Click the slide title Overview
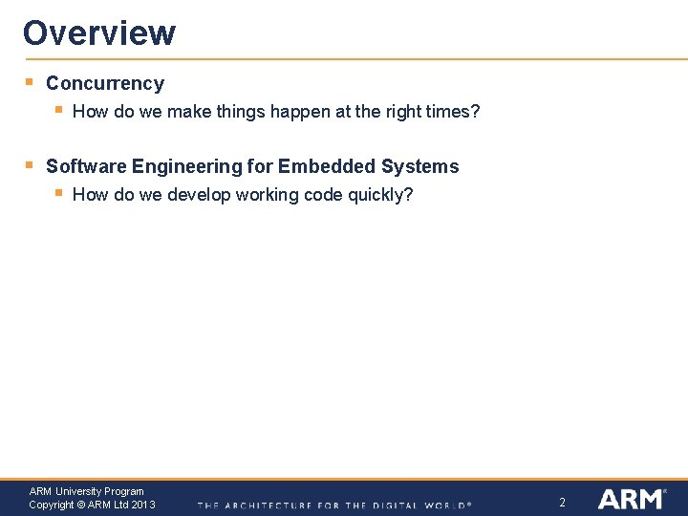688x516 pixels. pyautogui.click(x=99, y=32)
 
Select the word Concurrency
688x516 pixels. pyautogui.click(x=105, y=84)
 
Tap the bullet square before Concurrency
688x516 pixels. pyautogui.click(x=30, y=82)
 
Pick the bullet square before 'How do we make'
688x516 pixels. pyautogui.click(x=58, y=110)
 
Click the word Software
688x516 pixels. pyautogui.click(x=86, y=167)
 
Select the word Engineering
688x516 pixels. pyautogui.click(x=187, y=167)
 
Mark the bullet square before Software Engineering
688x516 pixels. pyautogui.click(x=30, y=165)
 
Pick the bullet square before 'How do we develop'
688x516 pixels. pyautogui.click(x=58, y=193)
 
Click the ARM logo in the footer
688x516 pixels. pyautogui.click(x=632, y=499)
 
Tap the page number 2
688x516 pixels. pyautogui.click(x=562, y=503)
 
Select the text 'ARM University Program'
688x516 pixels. pyautogui.click(x=87, y=491)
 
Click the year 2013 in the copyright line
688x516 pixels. pyautogui.click(x=143, y=505)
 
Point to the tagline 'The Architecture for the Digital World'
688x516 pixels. pyautogui.click(x=334, y=505)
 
